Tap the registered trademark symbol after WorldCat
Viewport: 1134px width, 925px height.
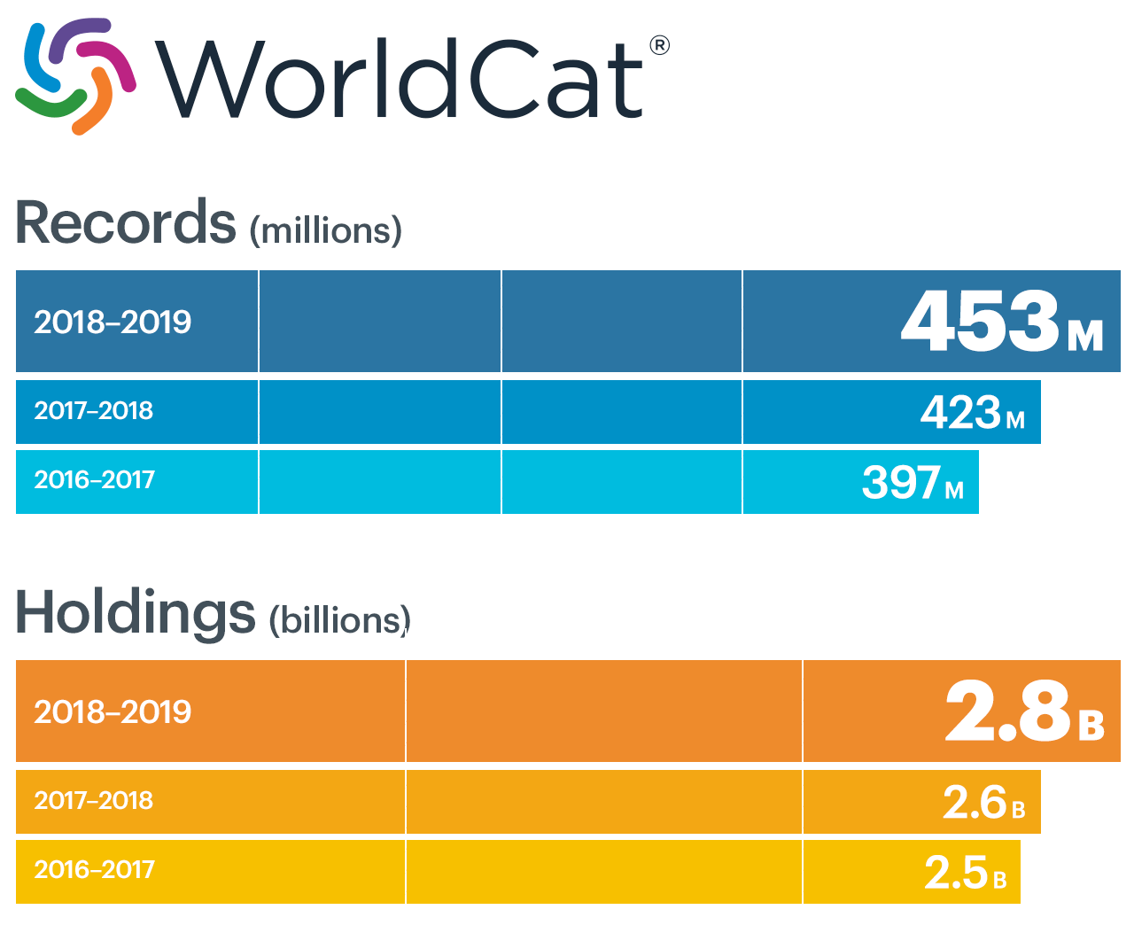click(659, 45)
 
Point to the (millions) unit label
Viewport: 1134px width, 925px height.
click(326, 230)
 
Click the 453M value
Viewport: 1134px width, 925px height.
click(1001, 321)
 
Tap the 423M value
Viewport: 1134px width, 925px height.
click(972, 412)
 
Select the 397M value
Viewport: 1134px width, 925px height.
click(913, 483)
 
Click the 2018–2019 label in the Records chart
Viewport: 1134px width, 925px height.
click(113, 322)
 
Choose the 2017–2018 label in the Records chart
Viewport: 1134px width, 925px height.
click(93, 411)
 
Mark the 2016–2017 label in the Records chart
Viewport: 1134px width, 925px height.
click(94, 480)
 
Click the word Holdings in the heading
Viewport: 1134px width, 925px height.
click(136, 613)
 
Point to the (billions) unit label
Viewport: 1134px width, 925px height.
click(339, 620)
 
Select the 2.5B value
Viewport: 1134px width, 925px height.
click(965, 873)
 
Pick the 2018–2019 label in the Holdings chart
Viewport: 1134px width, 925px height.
click(113, 711)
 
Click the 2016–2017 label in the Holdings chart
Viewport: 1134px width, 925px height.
click(94, 870)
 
